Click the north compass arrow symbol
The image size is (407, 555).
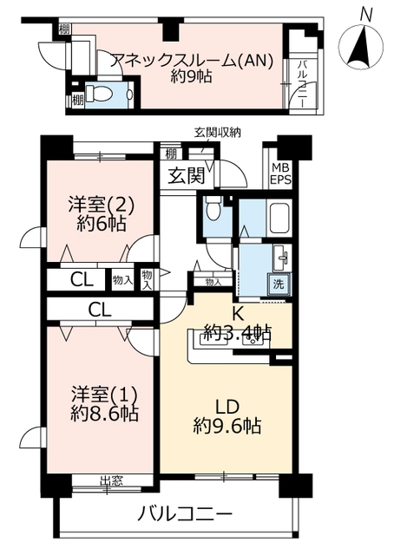[x=361, y=47]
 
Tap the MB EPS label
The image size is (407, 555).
[x=281, y=173]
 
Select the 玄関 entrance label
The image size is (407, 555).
[x=186, y=175]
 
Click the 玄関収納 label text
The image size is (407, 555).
[x=218, y=133]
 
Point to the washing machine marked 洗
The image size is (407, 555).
[x=279, y=284]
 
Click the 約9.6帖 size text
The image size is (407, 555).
[x=227, y=426]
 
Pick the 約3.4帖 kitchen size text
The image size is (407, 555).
[x=238, y=332]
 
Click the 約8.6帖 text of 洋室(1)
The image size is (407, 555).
[x=104, y=414]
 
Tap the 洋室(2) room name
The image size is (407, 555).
[x=102, y=205]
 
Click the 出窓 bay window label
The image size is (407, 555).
[x=112, y=480]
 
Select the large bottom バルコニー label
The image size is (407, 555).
[x=185, y=514]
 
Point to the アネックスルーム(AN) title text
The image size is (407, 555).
[x=192, y=61]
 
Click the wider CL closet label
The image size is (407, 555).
[x=100, y=310]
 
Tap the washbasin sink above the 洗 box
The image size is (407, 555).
[x=282, y=258]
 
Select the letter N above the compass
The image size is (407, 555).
[x=365, y=16]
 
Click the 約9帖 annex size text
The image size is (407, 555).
[x=191, y=76]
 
